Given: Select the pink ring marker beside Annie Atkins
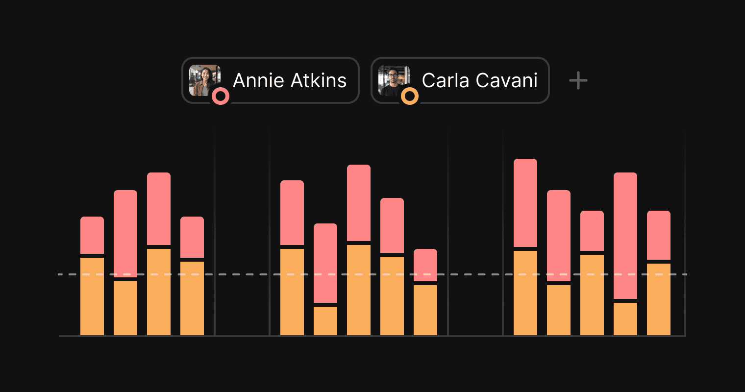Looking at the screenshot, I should [221, 96].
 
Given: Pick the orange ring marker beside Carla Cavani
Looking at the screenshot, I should [410, 96].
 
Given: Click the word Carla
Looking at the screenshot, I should [444, 81].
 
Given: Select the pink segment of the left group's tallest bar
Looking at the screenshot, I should [159, 209].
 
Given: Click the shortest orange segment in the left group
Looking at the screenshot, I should [125, 308].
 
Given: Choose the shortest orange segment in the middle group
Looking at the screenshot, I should [325, 321].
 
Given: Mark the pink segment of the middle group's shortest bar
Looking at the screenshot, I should [425, 265].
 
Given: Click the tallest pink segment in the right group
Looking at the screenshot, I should [625, 236].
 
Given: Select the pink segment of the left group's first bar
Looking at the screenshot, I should [92, 235].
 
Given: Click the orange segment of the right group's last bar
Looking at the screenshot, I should [659, 299].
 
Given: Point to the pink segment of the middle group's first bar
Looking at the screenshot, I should [292, 213].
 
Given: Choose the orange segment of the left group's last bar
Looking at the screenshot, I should [192, 298].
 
